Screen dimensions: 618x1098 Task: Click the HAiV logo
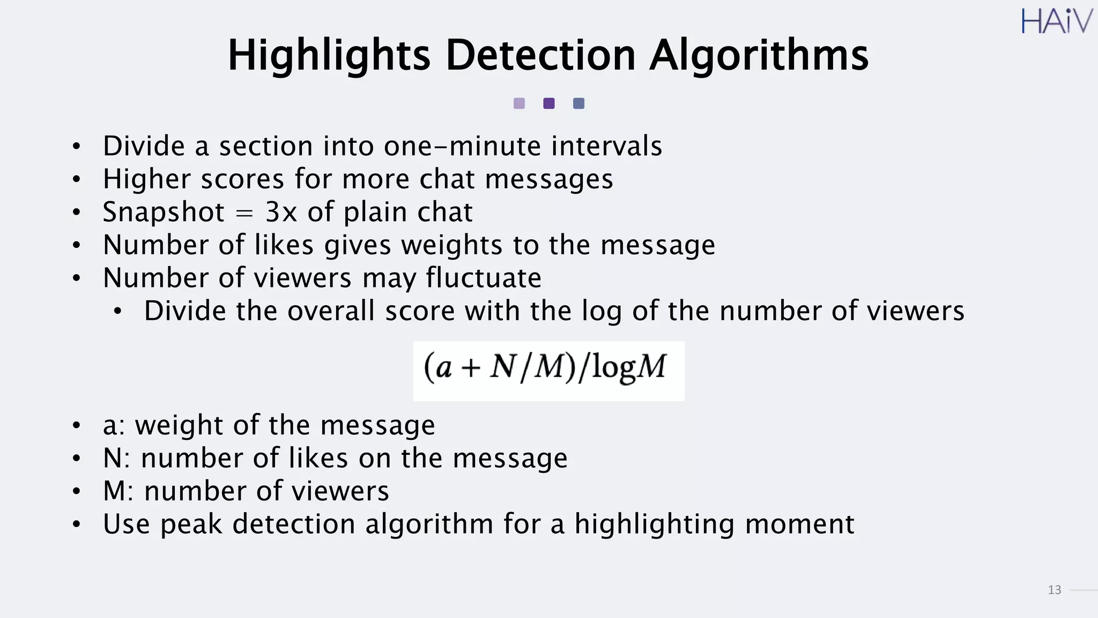point(1056,21)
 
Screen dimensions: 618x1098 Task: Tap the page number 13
point(1054,590)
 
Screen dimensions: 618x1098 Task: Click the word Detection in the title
point(540,55)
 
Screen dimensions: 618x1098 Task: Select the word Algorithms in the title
point(759,55)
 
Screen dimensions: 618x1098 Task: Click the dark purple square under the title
point(548,104)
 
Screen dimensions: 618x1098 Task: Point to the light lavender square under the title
point(519,104)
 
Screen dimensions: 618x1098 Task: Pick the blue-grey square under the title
point(578,104)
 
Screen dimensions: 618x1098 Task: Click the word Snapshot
point(164,212)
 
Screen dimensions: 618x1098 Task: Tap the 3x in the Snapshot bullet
point(281,212)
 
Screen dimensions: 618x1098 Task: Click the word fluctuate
point(484,278)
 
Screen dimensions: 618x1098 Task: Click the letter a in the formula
point(443,369)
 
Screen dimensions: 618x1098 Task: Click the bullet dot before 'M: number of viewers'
point(77,491)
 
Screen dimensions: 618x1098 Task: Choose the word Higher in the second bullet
point(146,179)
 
